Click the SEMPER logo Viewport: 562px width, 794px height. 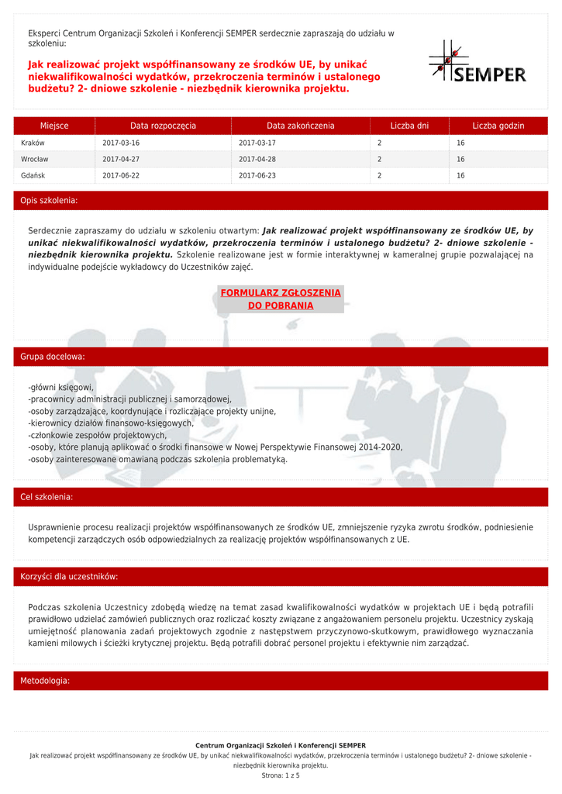[478, 62]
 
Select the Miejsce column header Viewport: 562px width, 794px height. [54, 126]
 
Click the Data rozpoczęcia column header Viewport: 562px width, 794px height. [163, 126]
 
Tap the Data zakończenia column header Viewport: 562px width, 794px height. [301, 126]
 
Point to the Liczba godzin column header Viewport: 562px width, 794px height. [498, 126]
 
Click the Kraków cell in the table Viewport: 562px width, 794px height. [33, 143]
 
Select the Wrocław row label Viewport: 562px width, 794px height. [35, 160]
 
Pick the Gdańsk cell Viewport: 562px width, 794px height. [33, 176]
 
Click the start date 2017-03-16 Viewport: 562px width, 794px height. [121, 143]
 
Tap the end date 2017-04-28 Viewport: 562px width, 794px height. [257, 160]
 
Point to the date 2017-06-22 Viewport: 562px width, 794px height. [121, 176]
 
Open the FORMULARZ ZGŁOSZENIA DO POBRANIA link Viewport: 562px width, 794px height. [281, 299]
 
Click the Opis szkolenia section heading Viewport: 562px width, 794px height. [49, 201]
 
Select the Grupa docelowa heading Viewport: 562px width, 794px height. [53, 357]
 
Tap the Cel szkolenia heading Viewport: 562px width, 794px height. [47, 497]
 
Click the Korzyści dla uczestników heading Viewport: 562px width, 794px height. [69, 577]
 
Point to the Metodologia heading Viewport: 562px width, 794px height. [45, 681]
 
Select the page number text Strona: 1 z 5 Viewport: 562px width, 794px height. [281, 775]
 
